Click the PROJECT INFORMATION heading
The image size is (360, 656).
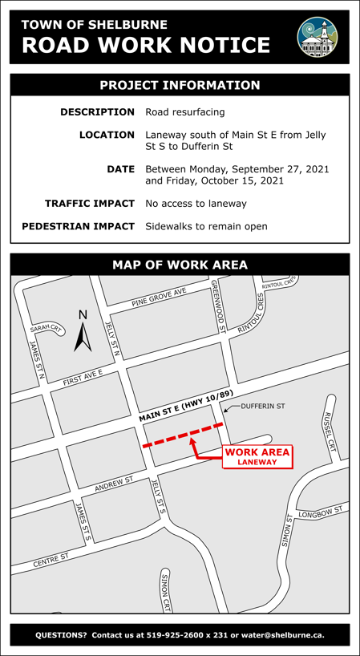click(180, 85)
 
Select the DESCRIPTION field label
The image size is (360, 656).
click(98, 112)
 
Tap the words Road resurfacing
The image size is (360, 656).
click(185, 112)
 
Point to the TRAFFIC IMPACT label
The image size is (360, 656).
click(90, 204)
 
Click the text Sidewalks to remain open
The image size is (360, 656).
click(206, 227)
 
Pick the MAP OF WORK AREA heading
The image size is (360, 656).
click(180, 265)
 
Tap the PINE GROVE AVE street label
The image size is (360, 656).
click(159, 298)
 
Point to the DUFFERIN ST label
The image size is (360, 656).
click(263, 407)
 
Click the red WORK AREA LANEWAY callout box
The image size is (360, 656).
click(257, 456)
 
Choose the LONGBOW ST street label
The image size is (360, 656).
click(320, 511)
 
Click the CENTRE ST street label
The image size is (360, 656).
click(51, 560)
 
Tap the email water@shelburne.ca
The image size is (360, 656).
click(281, 636)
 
